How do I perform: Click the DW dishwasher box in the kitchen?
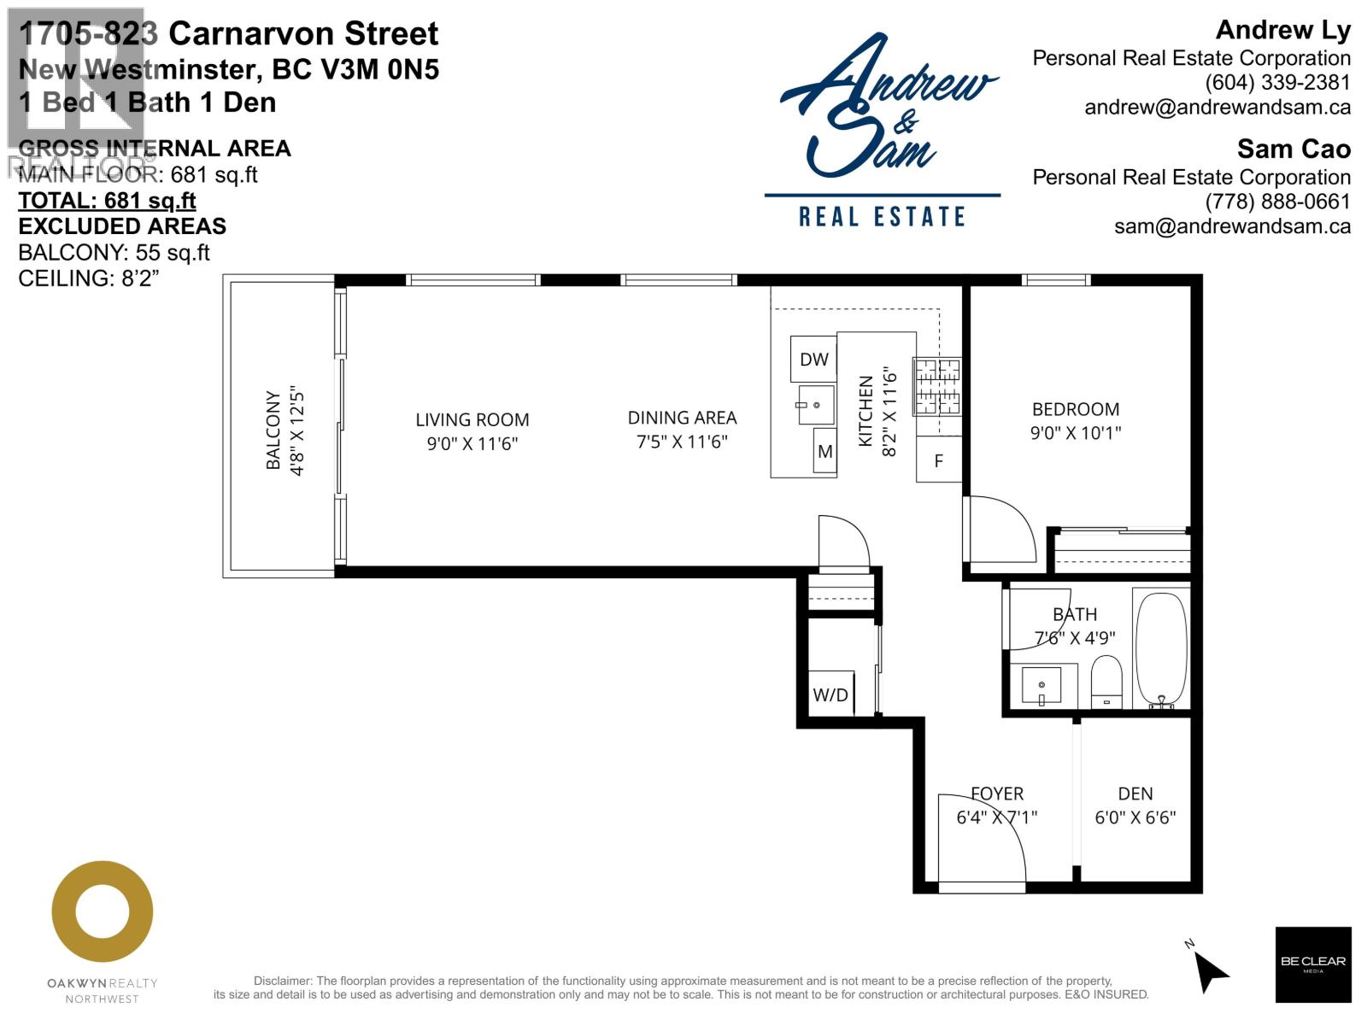pos(813,360)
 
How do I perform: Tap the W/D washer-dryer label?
pos(830,694)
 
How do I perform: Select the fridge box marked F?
pos(939,461)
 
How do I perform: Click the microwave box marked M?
pos(824,452)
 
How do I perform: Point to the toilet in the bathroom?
pos(1106,682)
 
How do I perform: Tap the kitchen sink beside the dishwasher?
pos(816,405)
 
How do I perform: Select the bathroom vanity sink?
pos(1041,685)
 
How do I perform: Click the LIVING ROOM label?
pos(472,419)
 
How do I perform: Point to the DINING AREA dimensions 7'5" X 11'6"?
pos(682,442)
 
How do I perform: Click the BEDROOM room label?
pos(1076,409)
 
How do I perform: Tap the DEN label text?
pos(1135,794)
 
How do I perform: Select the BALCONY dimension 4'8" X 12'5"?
pos(297,430)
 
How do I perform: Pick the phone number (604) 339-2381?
pos(1277,83)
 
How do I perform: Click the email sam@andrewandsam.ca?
pos(1232,226)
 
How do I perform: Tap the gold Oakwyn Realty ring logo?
pos(103,911)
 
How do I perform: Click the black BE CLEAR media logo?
pos(1313,964)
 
